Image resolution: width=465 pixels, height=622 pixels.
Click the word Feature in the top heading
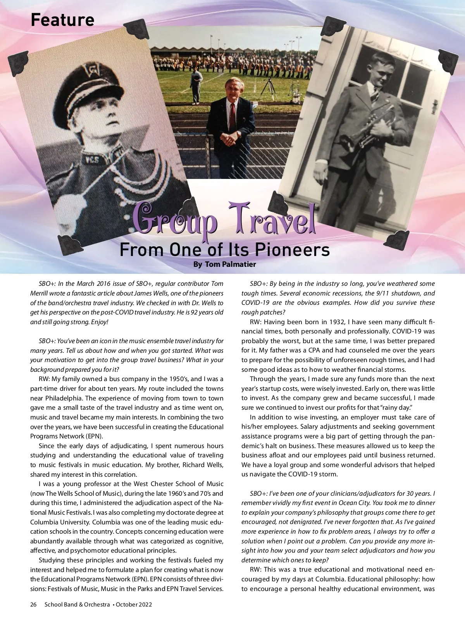click(x=62, y=20)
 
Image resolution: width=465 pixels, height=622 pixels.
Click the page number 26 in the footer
click(x=33, y=605)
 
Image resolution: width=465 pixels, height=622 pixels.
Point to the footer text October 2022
click(x=134, y=605)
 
